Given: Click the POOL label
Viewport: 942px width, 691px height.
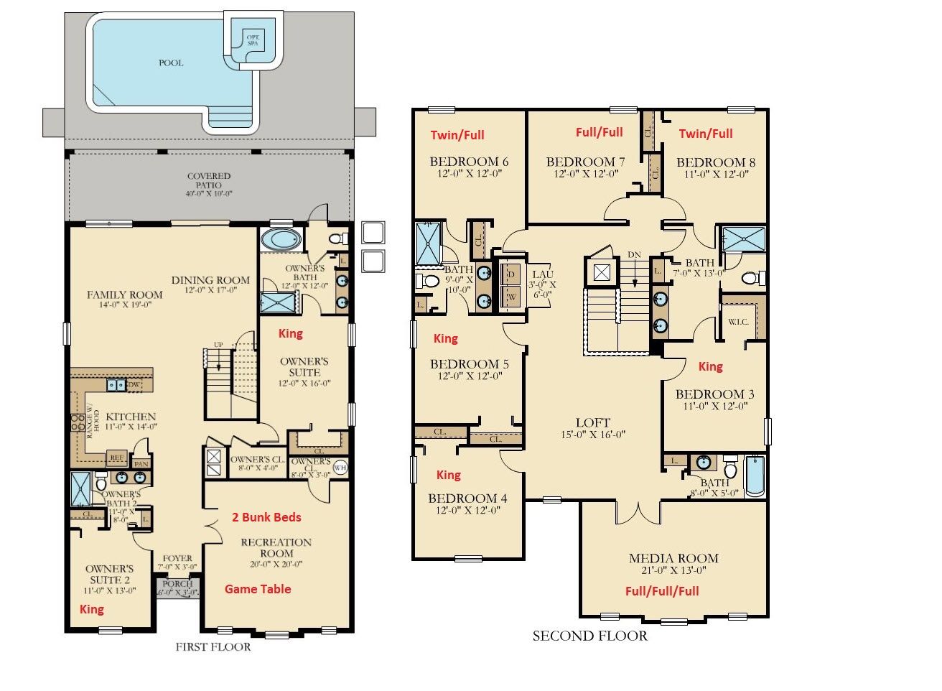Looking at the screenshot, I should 171,63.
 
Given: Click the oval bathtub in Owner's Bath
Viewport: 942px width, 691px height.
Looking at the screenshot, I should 276,239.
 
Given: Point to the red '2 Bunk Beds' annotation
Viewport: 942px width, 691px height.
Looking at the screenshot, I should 266,517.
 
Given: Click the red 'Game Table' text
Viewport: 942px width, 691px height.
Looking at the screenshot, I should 258,589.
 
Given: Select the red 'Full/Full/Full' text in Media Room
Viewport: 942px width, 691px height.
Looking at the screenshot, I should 662,591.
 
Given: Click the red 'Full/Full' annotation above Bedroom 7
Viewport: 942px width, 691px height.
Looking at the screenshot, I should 600,132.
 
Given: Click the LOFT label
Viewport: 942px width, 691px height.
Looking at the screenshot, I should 593,423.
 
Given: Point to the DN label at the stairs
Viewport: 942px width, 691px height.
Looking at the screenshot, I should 634,255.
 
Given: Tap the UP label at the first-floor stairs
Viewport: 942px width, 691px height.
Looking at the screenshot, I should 218,345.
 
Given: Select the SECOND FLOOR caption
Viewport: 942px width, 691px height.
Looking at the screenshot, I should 589,636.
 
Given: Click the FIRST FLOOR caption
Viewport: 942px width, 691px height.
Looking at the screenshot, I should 213,647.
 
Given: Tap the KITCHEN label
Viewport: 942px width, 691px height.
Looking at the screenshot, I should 131,417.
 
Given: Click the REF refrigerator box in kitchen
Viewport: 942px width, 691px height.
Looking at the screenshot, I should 116,458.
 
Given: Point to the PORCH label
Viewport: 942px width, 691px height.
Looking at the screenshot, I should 177,584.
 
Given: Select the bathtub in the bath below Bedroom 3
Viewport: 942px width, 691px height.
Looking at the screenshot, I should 755,477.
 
